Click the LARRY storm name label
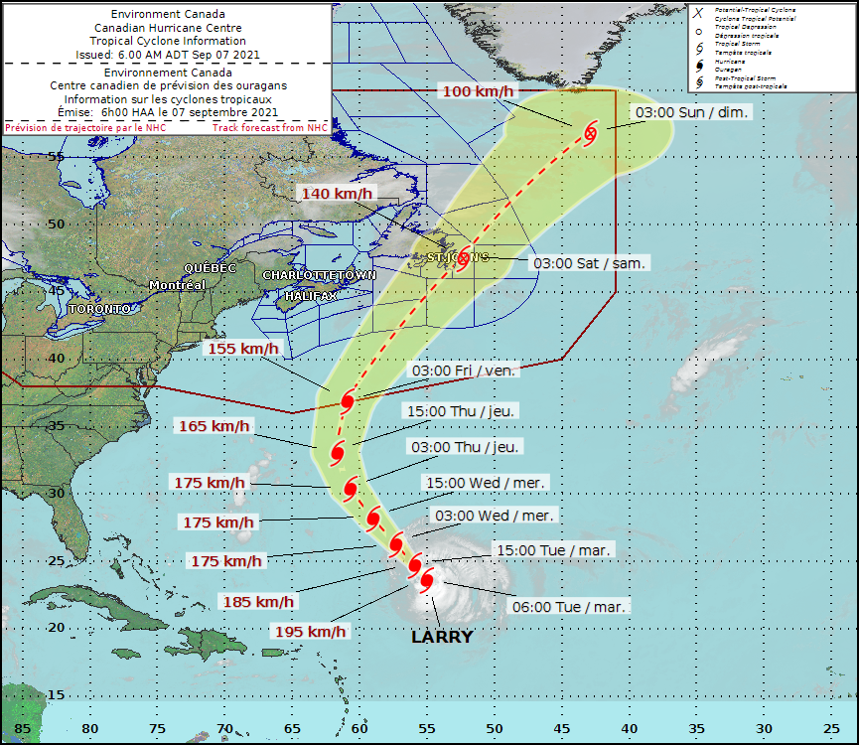pyautogui.click(x=442, y=637)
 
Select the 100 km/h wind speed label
pyautogui.click(x=479, y=92)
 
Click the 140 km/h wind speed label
pyautogui.click(x=339, y=194)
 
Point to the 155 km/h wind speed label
pyautogui.click(x=243, y=349)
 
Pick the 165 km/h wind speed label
pyautogui.click(x=214, y=426)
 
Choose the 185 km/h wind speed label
pyautogui.click(x=260, y=601)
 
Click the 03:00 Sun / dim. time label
pyautogui.click(x=693, y=113)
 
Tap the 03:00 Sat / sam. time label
pyautogui.click(x=591, y=263)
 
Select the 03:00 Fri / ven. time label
pyautogui.click(x=464, y=371)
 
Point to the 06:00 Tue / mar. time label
pyautogui.click(x=570, y=606)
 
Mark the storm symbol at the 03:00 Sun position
pyautogui.click(x=591, y=133)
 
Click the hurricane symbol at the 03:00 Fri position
pyautogui.click(x=348, y=401)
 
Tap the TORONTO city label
pyautogui.click(x=99, y=309)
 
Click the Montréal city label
pyautogui.click(x=177, y=285)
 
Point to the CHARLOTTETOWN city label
pyautogui.click(x=319, y=274)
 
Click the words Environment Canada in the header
pyautogui.click(x=168, y=15)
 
